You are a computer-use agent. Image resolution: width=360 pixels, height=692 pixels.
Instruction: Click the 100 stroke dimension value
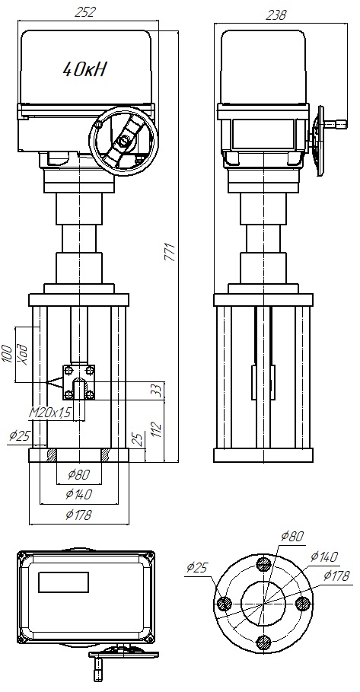tap(8, 353)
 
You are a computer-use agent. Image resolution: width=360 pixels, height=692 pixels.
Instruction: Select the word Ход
tap(22, 353)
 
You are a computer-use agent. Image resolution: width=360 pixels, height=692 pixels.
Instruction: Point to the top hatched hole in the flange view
tap(263, 564)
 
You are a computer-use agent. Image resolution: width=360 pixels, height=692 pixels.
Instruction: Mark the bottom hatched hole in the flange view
tap(263, 642)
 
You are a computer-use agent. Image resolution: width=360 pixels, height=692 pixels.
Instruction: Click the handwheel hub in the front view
tap(122, 142)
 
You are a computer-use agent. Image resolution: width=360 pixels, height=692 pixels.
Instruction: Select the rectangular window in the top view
tap(64, 582)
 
